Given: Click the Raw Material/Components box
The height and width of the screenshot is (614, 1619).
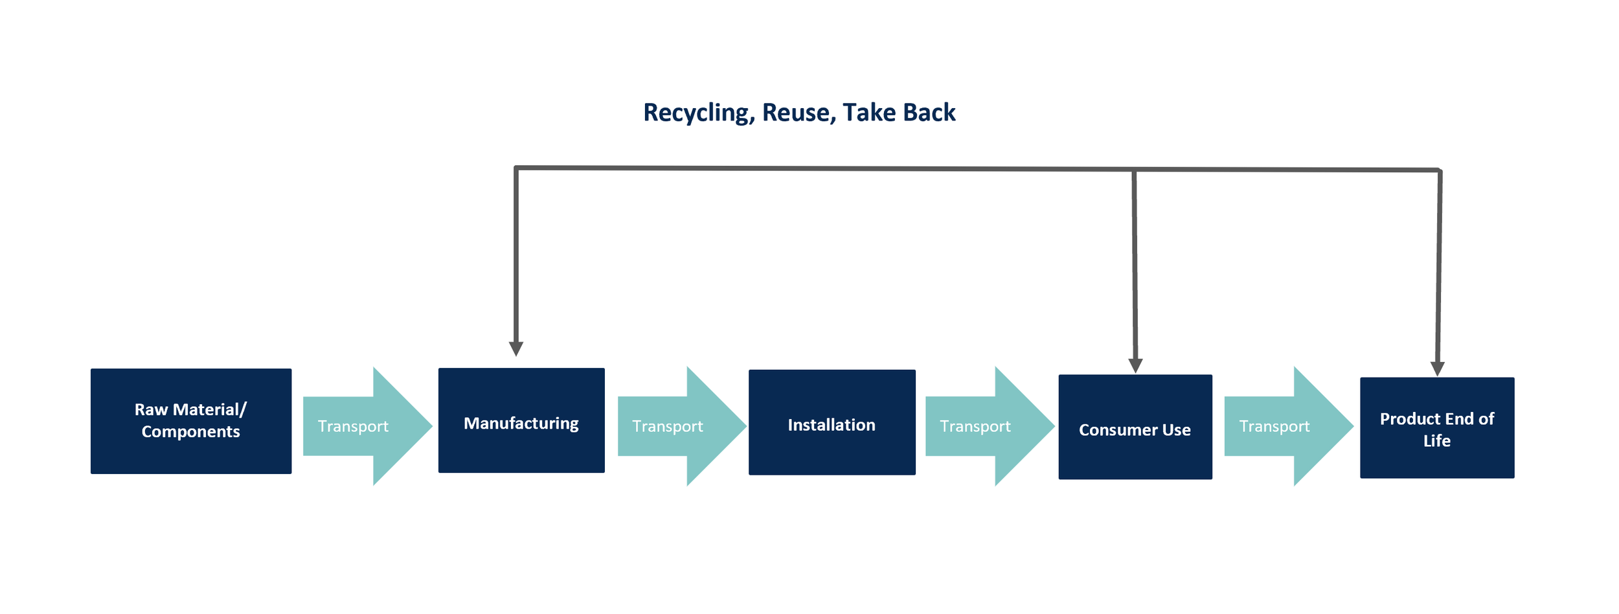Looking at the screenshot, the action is (x=191, y=421).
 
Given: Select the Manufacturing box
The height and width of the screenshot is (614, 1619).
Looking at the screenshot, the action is (x=521, y=420).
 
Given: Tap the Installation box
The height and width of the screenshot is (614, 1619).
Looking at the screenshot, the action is (x=832, y=422).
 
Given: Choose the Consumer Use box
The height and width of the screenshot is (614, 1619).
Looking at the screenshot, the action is (x=1135, y=427).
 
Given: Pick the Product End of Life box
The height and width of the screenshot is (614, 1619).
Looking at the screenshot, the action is (x=1437, y=428).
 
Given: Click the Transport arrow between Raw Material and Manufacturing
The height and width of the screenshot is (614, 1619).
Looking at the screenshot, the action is (x=367, y=426).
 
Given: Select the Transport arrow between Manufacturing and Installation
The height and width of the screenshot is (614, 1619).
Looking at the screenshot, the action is (x=682, y=426).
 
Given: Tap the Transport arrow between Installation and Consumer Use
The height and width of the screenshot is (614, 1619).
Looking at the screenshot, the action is (x=990, y=426).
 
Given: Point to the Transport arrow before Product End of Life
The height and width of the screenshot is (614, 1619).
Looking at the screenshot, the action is (x=1289, y=426).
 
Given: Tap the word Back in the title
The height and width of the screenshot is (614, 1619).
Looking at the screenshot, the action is (x=929, y=112).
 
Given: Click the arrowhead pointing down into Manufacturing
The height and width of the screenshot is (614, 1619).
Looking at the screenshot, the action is (x=516, y=349).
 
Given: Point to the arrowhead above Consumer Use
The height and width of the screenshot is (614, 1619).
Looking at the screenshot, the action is (x=1135, y=366).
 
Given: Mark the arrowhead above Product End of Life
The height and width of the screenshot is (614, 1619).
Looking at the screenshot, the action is (x=1437, y=369).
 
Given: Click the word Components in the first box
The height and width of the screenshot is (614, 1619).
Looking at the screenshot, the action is (x=191, y=432).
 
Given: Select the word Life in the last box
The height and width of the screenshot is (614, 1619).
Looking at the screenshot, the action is (x=1437, y=440).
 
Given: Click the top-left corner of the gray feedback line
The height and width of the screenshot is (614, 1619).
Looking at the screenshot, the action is (x=516, y=168).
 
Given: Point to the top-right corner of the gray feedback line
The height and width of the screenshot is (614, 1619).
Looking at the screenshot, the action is (x=1440, y=170).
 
